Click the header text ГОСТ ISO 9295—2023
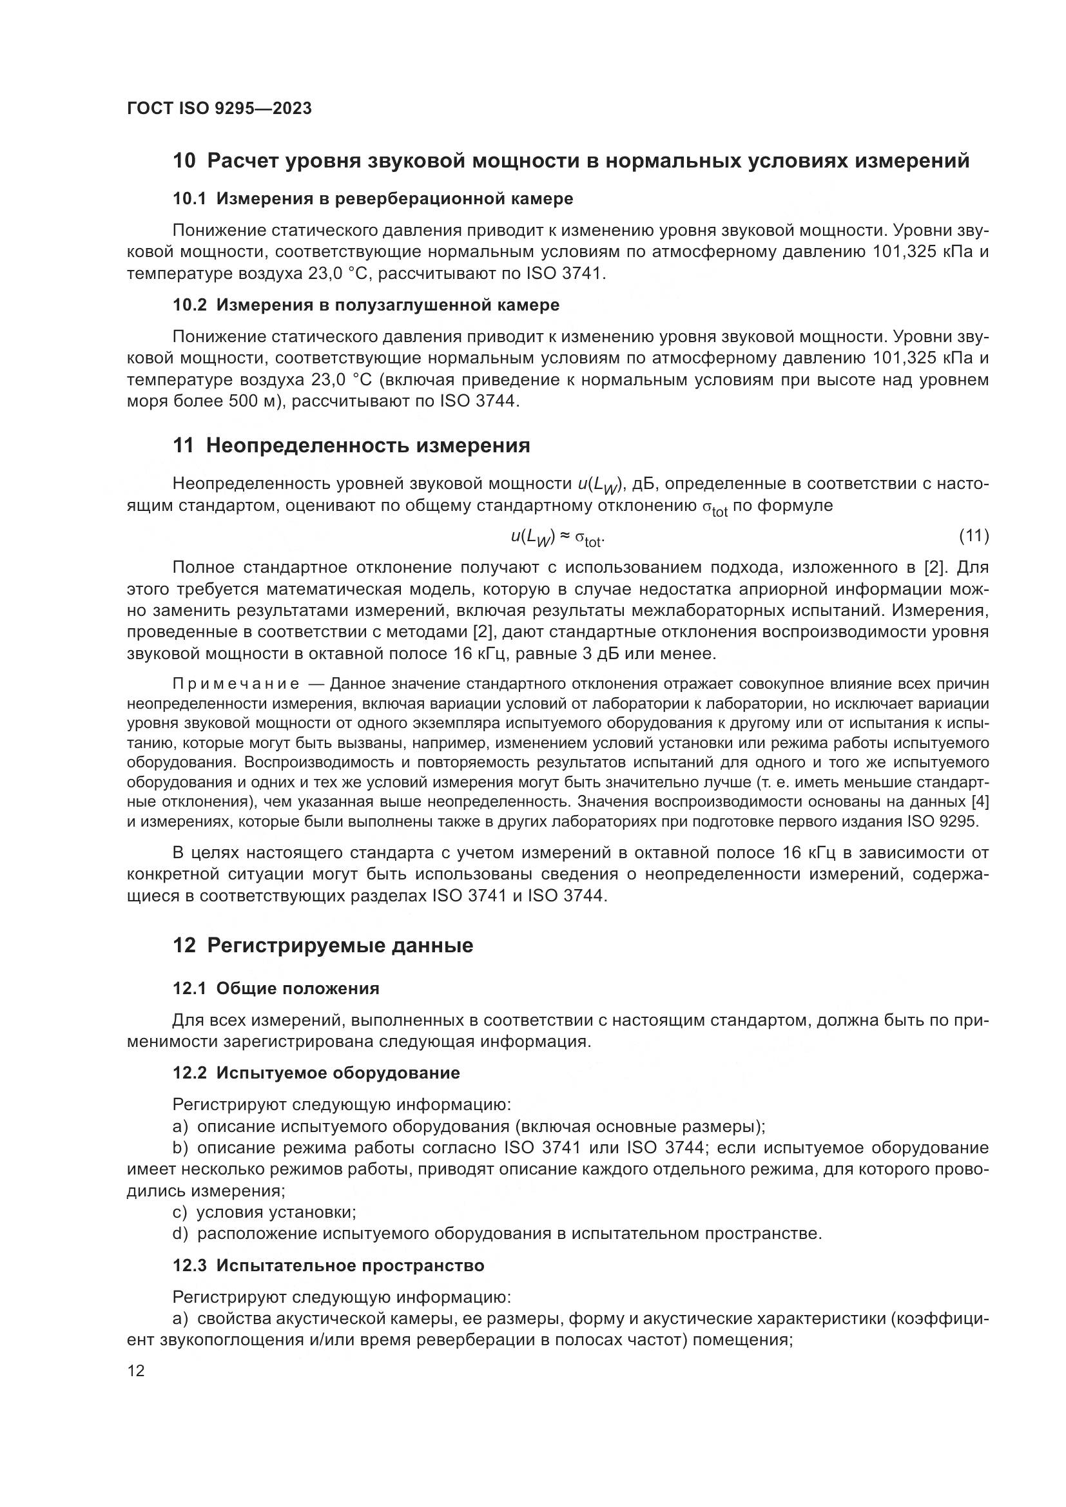(218, 109)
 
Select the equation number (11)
(973, 536)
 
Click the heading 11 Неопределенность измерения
(351, 446)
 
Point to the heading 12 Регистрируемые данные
(322, 946)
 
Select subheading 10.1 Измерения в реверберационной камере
(373, 199)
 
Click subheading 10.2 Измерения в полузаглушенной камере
(366, 305)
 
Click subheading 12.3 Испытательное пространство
(328, 1265)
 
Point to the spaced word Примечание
(237, 685)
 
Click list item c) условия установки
(264, 1213)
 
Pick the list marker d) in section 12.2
(180, 1234)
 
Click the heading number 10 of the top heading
(184, 161)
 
